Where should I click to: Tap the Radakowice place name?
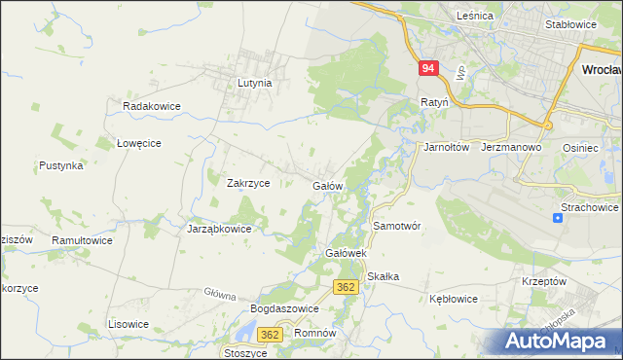tap(148, 105)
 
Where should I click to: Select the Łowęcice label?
tap(138, 142)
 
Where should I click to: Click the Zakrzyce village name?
tap(247, 183)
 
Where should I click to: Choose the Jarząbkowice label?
tap(219, 230)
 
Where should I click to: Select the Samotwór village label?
tap(396, 225)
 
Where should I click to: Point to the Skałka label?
tap(384, 276)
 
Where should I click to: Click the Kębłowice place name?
tap(453, 300)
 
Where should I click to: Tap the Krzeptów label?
tap(544, 280)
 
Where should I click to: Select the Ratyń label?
tap(434, 101)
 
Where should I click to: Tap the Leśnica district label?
tap(476, 17)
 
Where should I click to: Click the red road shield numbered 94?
tap(429, 69)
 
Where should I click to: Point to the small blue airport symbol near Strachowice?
tap(557, 218)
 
